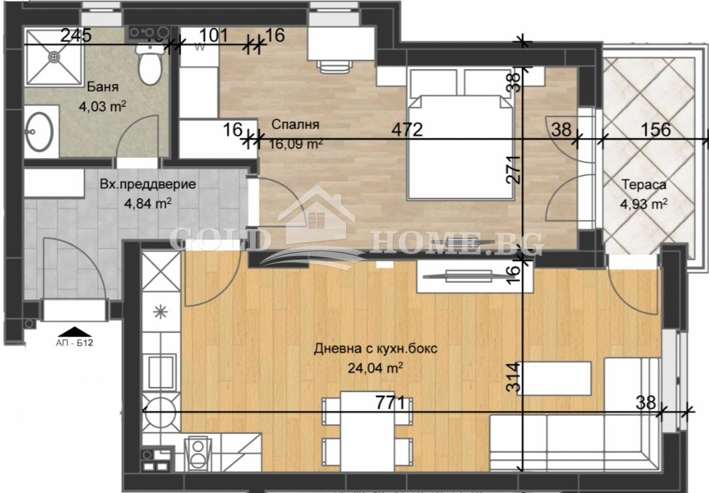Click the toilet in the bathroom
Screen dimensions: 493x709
tap(149, 66)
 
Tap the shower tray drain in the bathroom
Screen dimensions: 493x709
tap(54, 57)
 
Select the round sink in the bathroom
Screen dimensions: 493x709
tap(41, 131)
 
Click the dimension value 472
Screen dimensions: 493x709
tap(407, 130)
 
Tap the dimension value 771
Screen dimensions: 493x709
tap(390, 402)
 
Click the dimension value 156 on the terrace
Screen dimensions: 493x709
tap(655, 129)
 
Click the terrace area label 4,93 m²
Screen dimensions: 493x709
tap(643, 204)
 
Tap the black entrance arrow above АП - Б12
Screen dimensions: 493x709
tap(77, 332)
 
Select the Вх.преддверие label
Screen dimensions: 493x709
tap(148, 184)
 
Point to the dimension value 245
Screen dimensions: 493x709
tap(76, 36)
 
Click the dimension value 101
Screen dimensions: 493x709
tap(213, 35)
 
